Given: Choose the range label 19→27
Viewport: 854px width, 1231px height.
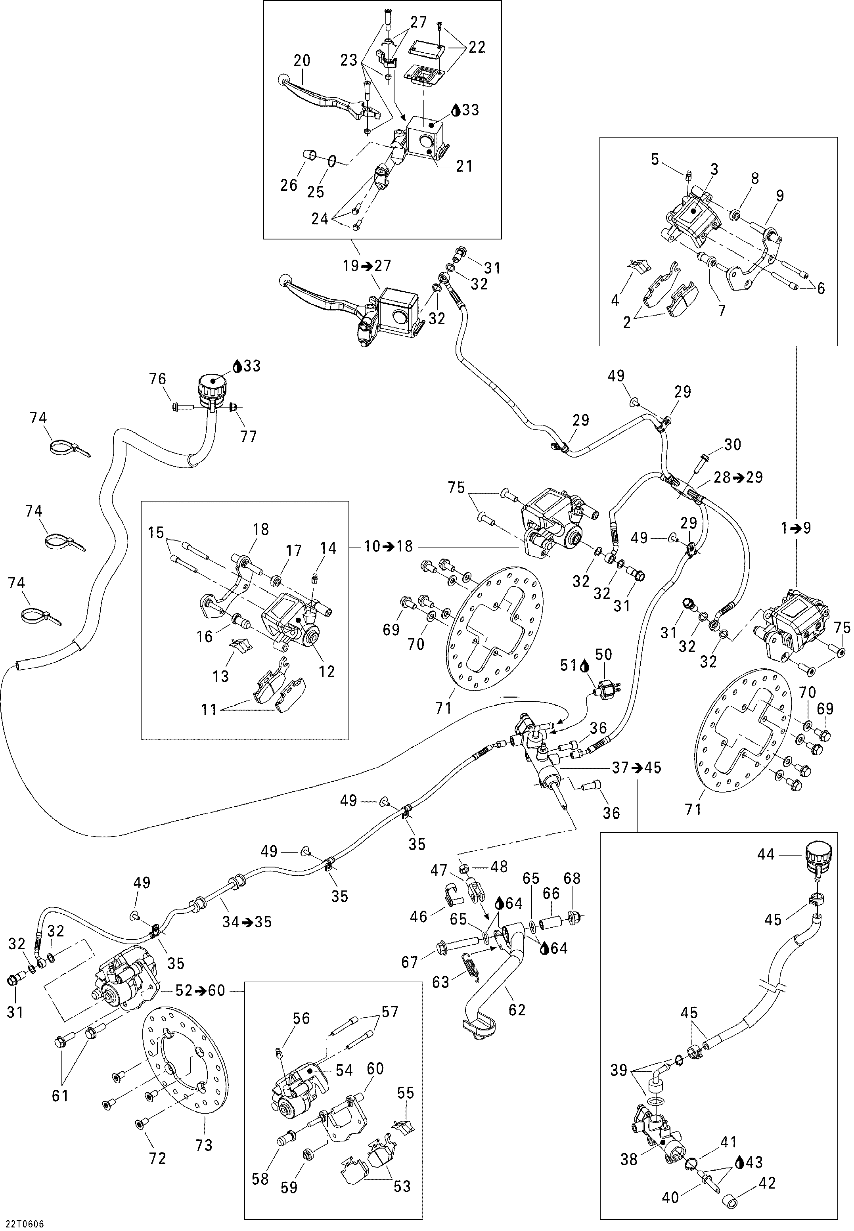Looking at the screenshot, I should (x=367, y=266).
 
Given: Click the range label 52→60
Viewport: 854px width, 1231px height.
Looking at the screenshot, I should (x=201, y=990).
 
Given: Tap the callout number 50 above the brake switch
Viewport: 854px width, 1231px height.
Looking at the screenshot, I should (x=603, y=655).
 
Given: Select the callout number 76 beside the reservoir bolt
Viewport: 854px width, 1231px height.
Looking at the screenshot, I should (x=157, y=379).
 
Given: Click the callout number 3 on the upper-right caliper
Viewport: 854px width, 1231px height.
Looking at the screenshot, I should (x=714, y=169).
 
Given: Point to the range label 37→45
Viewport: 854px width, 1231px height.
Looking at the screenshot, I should (x=637, y=767).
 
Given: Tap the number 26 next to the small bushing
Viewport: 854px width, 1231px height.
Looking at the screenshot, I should (x=289, y=185).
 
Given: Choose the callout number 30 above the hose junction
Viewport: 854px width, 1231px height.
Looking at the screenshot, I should (x=733, y=444).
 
